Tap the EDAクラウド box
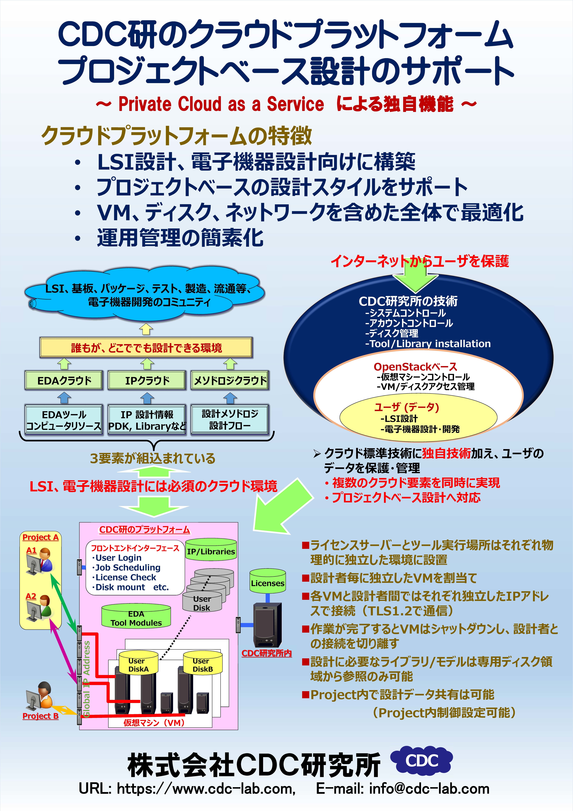click(x=64, y=380)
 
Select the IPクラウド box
click(x=147, y=380)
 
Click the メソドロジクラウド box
click(x=230, y=380)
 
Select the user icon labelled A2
click(x=40, y=608)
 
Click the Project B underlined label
click(x=40, y=716)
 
